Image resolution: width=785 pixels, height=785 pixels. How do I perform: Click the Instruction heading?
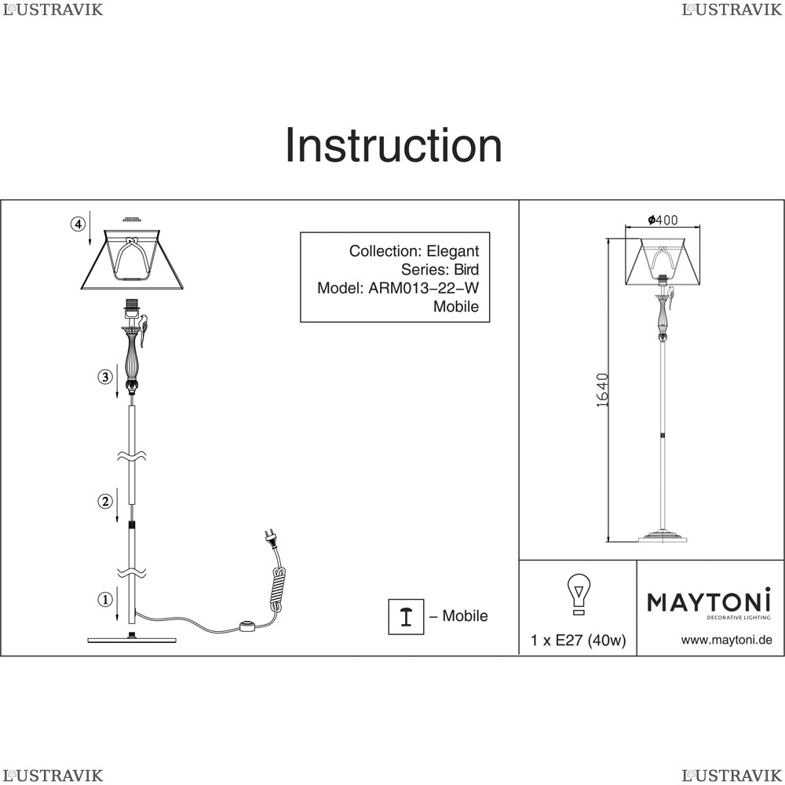[393, 146]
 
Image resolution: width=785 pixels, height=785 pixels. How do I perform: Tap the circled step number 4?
[78, 225]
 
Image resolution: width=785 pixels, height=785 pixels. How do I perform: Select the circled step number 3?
[104, 377]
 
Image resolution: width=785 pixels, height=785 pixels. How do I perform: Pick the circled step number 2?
[104, 501]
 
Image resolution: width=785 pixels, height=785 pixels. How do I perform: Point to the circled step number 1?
[104, 599]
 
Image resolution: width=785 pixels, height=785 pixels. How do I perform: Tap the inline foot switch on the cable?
[247, 625]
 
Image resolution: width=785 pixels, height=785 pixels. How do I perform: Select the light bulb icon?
[579, 594]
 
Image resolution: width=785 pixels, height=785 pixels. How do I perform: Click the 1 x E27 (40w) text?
[579, 641]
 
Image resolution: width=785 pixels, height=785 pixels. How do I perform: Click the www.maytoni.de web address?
[726, 640]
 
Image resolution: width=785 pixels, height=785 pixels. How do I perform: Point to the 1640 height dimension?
[603, 390]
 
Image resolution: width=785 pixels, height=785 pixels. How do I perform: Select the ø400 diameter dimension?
[663, 220]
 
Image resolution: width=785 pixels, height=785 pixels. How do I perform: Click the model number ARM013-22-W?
[424, 288]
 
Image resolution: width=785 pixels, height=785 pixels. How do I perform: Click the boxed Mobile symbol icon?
[406, 617]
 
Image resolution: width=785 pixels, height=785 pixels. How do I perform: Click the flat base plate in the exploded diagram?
[132, 639]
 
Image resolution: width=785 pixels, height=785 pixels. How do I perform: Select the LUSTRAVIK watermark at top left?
[53, 9]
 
